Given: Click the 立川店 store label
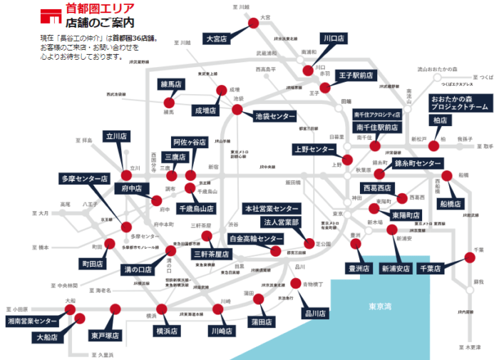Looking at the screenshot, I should point(115,135).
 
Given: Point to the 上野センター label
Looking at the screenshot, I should point(314,149).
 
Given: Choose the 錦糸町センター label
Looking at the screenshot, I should point(418,164).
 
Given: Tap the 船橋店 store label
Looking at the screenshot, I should point(451,203).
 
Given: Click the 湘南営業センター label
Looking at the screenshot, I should point(33,322).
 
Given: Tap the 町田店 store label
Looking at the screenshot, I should point(93,264).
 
